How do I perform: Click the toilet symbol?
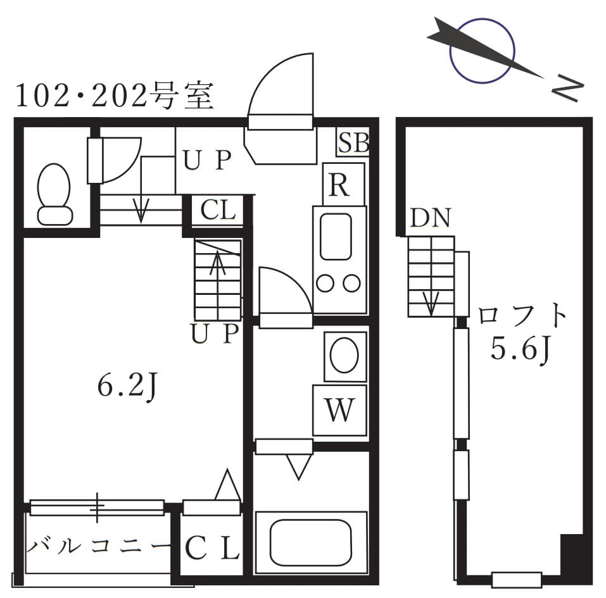[x=54, y=194]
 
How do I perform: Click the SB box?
[x=352, y=142]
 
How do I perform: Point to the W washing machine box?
[x=340, y=410]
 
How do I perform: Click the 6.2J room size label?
[x=127, y=386]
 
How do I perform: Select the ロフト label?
[x=521, y=315]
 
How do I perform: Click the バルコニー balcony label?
[x=98, y=545]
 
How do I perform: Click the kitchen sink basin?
[x=336, y=235]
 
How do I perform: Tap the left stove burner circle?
[x=325, y=284]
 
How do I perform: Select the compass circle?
[x=481, y=51]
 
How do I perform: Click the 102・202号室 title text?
[x=114, y=97]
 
